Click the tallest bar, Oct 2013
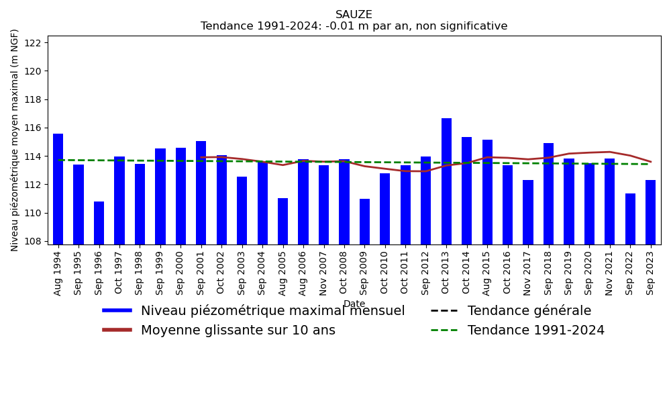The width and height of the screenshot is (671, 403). click(446, 181)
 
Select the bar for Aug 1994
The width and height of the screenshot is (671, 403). click(58, 189)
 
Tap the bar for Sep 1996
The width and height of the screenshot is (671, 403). click(99, 222)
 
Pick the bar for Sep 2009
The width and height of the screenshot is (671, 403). click(364, 221)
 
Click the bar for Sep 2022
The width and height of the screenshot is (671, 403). click(630, 218)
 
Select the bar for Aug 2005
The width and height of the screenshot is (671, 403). click(282, 221)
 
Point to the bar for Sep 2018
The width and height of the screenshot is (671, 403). click(548, 193)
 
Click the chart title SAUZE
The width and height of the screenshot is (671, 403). click(354, 15)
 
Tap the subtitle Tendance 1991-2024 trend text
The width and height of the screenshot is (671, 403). click(354, 27)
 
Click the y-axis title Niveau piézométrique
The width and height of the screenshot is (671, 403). click(15, 140)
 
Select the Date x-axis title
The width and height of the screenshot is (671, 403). click(354, 304)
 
